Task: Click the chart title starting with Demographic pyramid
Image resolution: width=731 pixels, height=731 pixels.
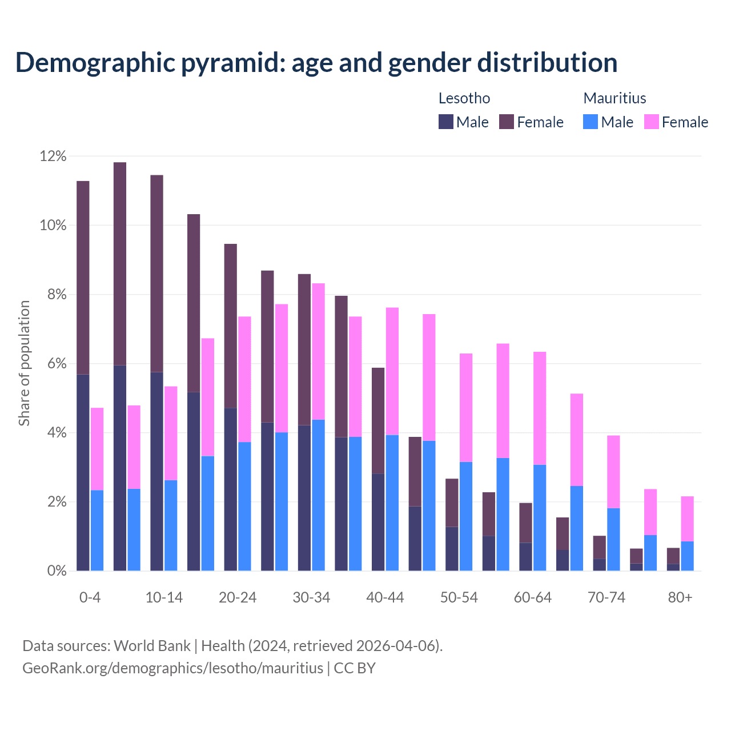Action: [x=316, y=63]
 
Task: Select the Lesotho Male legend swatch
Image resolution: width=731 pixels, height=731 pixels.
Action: [x=446, y=122]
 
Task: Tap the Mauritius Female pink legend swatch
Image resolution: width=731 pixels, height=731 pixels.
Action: [x=651, y=122]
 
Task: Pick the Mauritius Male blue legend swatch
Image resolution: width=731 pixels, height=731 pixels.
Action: [x=591, y=122]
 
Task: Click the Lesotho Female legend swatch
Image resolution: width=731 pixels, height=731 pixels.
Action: [x=507, y=122]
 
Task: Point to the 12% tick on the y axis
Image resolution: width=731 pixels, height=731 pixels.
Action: [x=53, y=156]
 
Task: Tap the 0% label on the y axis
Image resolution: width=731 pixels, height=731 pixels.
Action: [x=57, y=571]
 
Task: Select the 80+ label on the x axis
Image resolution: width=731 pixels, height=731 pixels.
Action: [x=680, y=597]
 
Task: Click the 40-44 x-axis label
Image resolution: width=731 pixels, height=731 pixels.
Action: [x=385, y=597]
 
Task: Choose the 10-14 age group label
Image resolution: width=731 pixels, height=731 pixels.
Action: [x=164, y=597]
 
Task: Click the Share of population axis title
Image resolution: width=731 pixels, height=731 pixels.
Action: [x=24, y=363]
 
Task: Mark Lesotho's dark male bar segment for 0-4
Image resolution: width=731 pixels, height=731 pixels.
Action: [x=83, y=472]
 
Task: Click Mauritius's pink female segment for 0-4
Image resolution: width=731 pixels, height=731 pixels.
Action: [x=97, y=449]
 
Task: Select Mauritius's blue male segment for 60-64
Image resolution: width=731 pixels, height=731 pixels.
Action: [x=540, y=517]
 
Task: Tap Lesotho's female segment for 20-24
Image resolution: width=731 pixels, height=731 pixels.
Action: [x=230, y=326]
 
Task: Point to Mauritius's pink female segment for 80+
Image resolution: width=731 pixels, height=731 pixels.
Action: [x=687, y=519]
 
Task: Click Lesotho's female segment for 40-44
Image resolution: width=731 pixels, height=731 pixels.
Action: [x=378, y=420]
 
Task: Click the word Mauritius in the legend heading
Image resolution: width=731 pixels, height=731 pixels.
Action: [x=614, y=98]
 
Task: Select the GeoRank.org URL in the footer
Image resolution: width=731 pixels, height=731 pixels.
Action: [x=172, y=668]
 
